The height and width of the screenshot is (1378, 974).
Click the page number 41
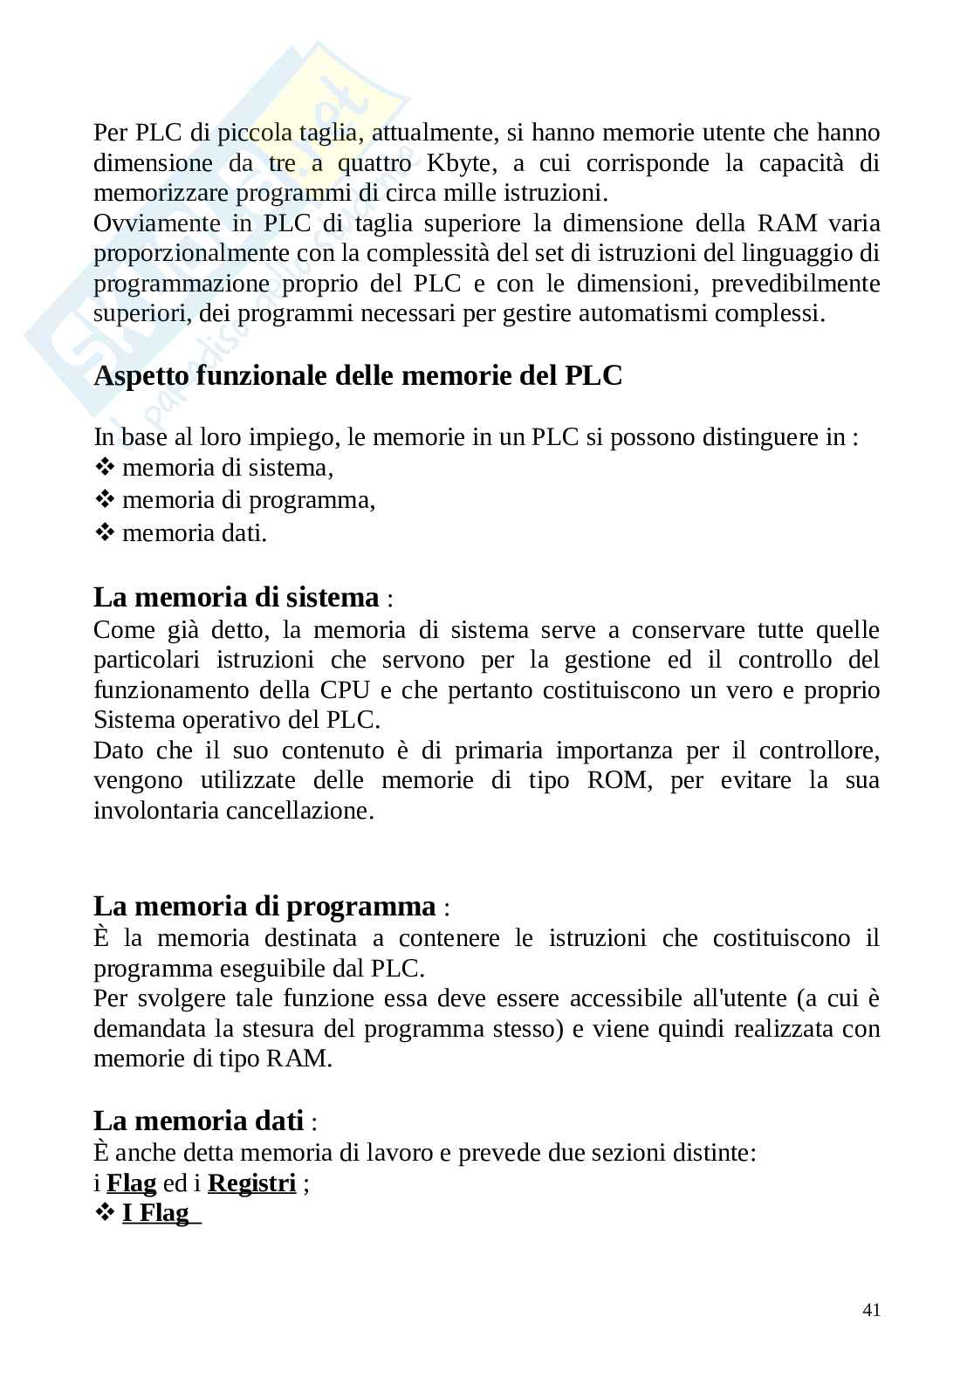click(870, 1310)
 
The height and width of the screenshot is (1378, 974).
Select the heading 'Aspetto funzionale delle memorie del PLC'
click(358, 376)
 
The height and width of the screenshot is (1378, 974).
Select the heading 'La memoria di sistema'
click(237, 598)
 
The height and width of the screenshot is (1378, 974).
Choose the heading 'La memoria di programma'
click(264, 906)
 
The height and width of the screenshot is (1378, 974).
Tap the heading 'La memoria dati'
click(199, 1120)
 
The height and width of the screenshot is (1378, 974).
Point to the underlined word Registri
click(252, 1183)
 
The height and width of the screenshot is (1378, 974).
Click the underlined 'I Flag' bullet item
click(156, 1213)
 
